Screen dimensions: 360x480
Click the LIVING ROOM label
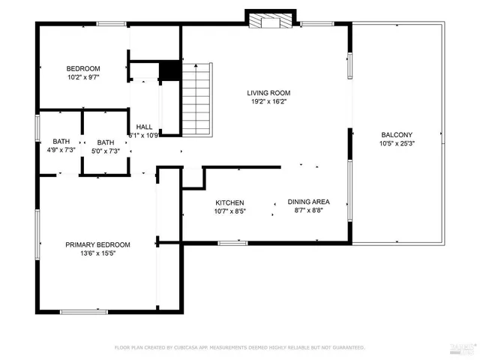click(x=268, y=94)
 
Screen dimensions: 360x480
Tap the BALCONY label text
click(x=397, y=135)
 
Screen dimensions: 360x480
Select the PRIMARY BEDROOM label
click(x=97, y=244)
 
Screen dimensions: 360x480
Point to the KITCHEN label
click(x=230, y=203)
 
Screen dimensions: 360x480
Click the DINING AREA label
click(x=308, y=202)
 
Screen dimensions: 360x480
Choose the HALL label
click(x=143, y=127)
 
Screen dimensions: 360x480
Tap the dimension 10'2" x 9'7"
click(x=83, y=77)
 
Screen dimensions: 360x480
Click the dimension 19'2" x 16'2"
click(x=268, y=103)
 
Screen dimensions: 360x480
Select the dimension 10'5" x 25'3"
click(x=397, y=144)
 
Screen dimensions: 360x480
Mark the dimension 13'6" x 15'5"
click(x=97, y=253)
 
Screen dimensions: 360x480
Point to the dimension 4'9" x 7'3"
click(x=61, y=151)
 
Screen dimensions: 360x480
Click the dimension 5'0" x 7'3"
click(x=106, y=151)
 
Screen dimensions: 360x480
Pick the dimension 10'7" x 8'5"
click(x=230, y=212)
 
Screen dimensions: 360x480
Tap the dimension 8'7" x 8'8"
click(x=308, y=211)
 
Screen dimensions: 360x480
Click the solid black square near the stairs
click(x=171, y=70)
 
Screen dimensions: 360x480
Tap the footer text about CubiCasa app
click(x=239, y=347)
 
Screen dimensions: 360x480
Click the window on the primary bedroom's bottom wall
click(x=79, y=311)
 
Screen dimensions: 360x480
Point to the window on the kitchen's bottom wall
click(x=233, y=242)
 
